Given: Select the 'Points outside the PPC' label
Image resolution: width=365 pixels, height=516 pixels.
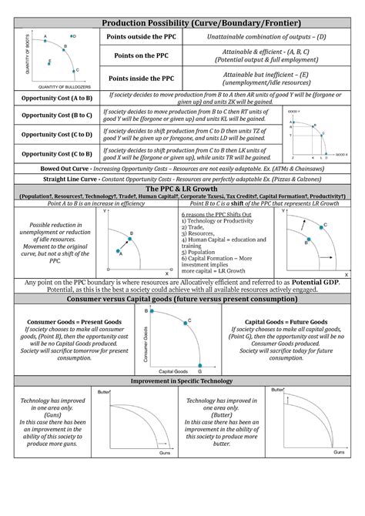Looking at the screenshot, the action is (x=147, y=38).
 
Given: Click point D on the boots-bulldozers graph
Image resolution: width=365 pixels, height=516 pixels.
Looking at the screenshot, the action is (x=73, y=36).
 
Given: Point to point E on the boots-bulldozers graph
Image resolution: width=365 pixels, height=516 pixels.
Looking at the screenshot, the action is (x=49, y=61).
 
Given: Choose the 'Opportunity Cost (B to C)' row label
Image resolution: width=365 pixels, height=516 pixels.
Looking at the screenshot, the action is (x=57, y=115).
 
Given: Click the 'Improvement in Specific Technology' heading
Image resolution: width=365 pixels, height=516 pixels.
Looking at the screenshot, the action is (x=182, y=381).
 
